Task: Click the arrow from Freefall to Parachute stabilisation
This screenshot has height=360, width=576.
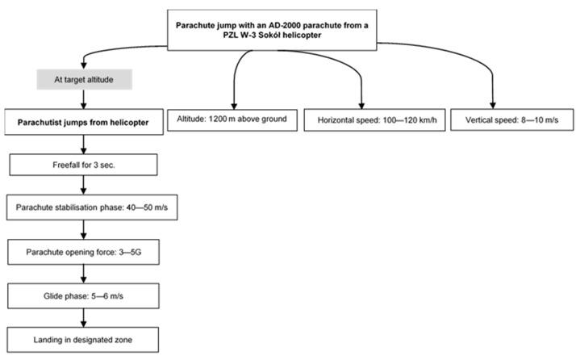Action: [x=83, y=186]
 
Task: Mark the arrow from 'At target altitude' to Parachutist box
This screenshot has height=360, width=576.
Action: [x=83, y=100]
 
